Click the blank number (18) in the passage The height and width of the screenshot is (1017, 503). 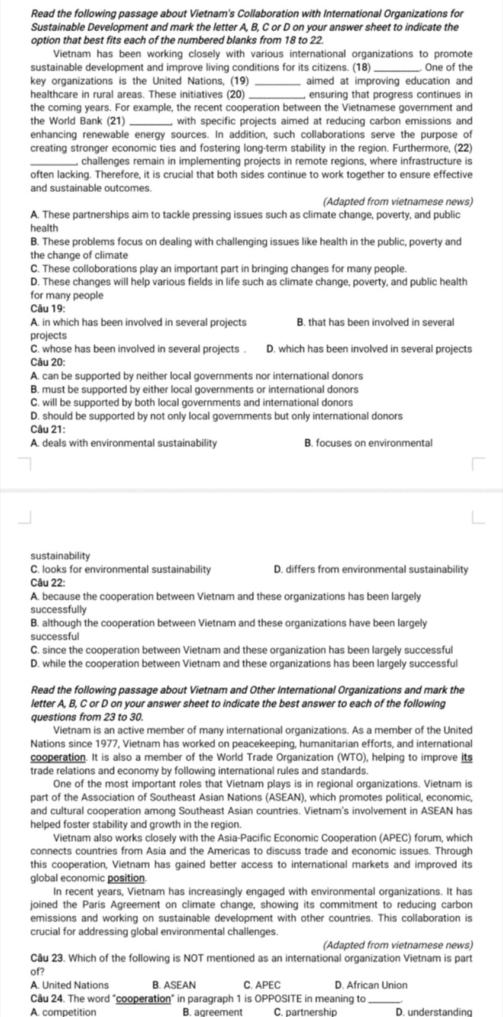click(362, 67)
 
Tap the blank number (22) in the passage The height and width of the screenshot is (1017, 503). click(463, 148)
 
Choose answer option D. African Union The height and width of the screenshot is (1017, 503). click(371, 985)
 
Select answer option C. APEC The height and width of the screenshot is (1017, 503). click(262, 985)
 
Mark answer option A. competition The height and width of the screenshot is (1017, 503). click(63, 1012)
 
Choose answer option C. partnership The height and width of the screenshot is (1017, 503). click(305, 1012)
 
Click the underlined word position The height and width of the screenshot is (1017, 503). click(127, 878)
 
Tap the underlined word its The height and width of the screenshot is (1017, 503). click(466, 757)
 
